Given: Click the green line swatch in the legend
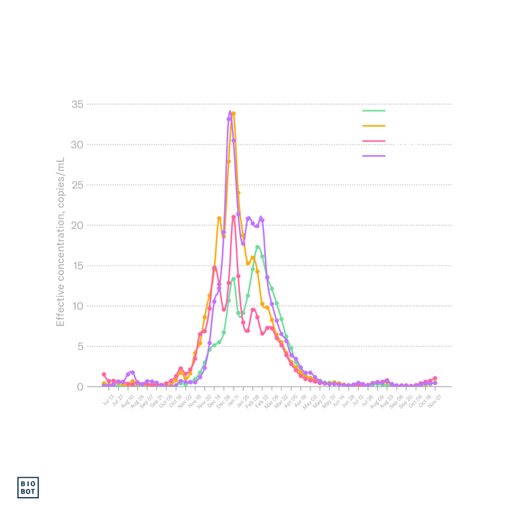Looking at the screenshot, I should click(374, 110).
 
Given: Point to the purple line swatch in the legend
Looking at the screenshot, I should click(374, 156).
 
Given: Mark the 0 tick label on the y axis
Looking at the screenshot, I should click(80, 386).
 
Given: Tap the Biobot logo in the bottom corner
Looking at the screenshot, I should click(28, 487).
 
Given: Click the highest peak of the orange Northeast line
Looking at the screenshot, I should click(234, 113).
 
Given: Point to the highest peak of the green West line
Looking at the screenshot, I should click(257, 246).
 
